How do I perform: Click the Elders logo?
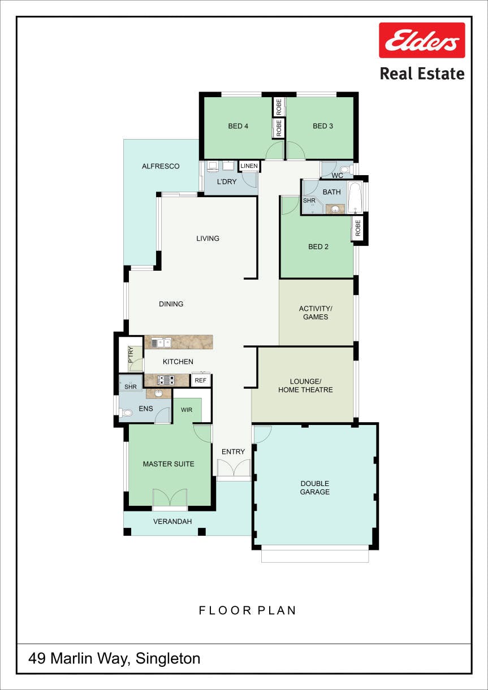(x=422, y=40)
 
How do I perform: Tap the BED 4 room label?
(x=238, y=126)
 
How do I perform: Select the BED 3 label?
(x=323, y=126)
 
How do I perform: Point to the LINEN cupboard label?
(x=249, y=166)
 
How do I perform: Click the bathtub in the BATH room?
(x=356, y=197)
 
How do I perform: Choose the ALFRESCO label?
(x=161, y=166)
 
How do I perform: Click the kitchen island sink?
(x=162, y=342)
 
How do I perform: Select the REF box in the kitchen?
(x=200, y=380)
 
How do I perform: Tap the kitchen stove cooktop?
(x=166, y=380)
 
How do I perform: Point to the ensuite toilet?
(x=126, y=412)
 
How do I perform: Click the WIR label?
(x=187, y=410)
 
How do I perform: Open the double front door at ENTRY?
(x=234, y=468)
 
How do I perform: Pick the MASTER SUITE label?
(x=169, y=464)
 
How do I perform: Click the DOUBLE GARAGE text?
(x=315, y=488)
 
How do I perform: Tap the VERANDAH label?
(x=172, y=522)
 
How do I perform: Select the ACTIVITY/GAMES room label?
(x=316, y=313)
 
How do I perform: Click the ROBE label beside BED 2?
(x=358, y=228)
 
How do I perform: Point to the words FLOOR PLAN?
(x=248, y=610)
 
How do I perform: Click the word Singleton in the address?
(x=168, y=658)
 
